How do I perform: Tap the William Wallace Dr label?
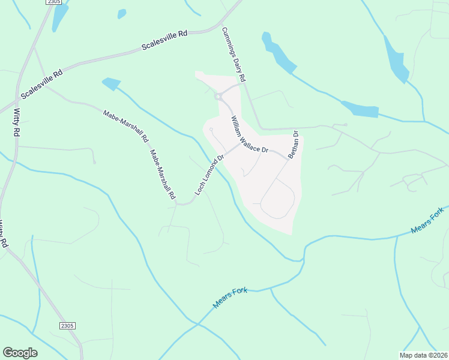tap(249, 134)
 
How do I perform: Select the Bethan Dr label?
tap(293, 144)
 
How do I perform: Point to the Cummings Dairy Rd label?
tap(234, 55)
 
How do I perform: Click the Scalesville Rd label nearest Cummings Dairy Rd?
tap(164, 40)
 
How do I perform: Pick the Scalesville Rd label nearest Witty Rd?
tap(41, 85)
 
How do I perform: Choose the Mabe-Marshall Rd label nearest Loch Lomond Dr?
tap(162, 174)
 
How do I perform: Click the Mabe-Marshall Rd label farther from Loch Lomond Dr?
tap(125, 125)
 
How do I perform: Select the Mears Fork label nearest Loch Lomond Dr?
tap(231, 298)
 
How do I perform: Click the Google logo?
tap(20, 353)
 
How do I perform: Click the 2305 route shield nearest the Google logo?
tap(67, 325)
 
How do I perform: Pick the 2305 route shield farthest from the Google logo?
tap(53, 2)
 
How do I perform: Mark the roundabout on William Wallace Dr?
tap(219, 96)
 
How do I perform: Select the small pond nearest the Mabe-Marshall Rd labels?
tap(111, 84)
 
